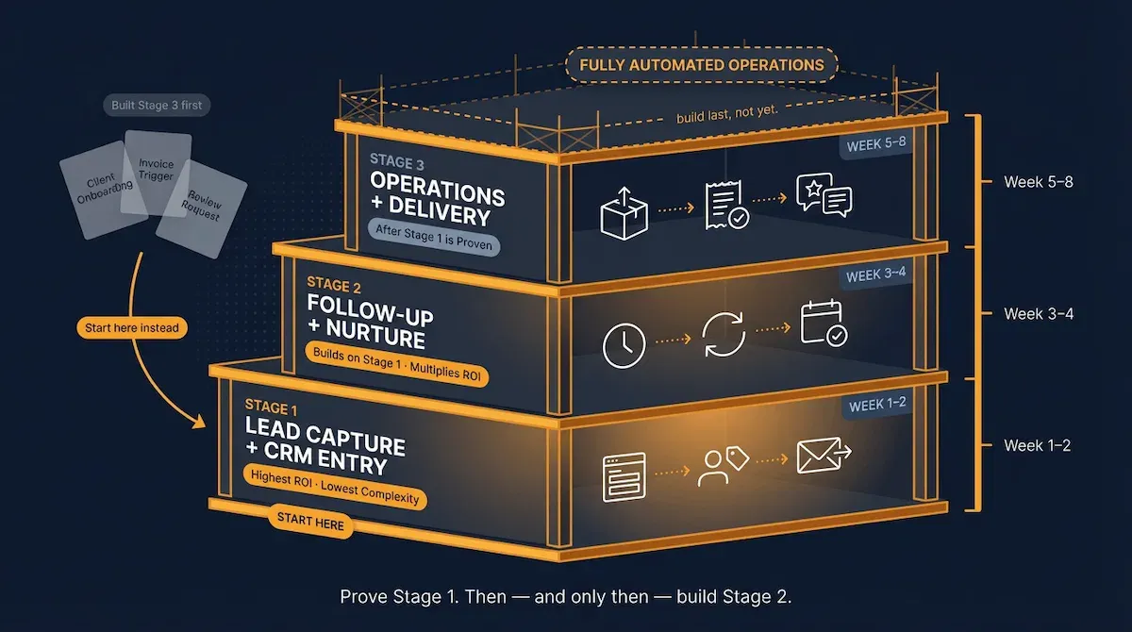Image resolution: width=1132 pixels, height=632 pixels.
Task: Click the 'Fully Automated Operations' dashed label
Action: (x=701, y=65)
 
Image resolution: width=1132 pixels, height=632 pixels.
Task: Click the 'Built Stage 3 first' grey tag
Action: (x=155, y=105)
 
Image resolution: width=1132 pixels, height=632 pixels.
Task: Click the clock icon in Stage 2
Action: (x=624, y=345)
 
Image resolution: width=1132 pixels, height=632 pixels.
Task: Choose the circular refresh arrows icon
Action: (x=724, y=338)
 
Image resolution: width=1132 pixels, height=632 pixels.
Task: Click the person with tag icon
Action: (x=723, y=465)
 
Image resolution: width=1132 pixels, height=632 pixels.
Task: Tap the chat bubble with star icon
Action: (x=823, y=195)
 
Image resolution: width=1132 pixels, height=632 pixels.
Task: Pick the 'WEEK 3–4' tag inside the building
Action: (x=876, y=276)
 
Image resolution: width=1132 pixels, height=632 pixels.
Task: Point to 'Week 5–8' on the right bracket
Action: (x=1039, y=182)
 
